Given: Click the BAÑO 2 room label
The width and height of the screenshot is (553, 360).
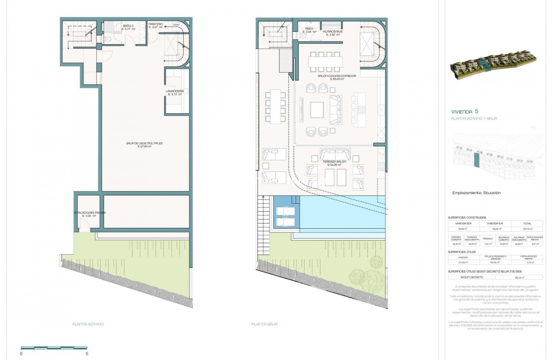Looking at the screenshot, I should point(128,26).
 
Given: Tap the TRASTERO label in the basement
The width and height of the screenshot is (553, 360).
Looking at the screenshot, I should point(155,24).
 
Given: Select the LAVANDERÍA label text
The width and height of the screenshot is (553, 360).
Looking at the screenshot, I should point(175,91).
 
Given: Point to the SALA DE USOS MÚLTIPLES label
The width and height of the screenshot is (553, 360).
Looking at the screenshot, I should point(144,143).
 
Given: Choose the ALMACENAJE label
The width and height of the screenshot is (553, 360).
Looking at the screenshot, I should point(333,31).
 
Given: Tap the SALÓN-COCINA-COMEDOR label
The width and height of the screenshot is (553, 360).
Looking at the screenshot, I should point(337,76).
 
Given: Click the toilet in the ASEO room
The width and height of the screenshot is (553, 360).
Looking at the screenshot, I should point(302,36).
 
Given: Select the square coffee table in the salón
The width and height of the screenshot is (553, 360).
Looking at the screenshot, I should point(317,110).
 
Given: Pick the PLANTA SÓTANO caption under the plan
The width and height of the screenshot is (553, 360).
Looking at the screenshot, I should point(88,324).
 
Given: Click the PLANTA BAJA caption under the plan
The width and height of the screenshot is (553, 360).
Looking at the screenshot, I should point(264,324).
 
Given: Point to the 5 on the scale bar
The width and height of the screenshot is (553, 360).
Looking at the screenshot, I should point(87,354).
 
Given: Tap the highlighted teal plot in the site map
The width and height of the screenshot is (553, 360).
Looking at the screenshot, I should point(476,160).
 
